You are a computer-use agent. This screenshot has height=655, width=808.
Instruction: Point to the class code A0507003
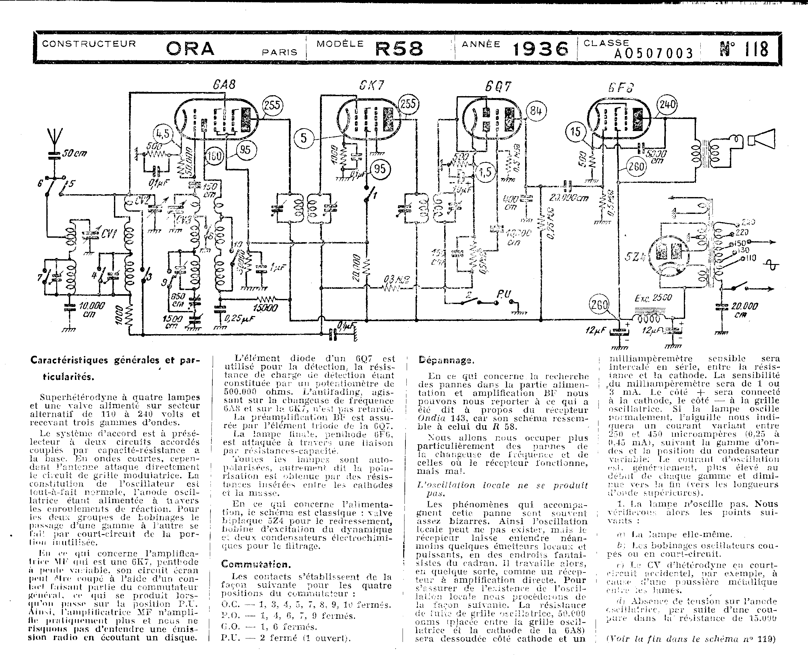pos(653,54)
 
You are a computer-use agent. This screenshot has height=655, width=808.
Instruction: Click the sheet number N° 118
pos(744,49)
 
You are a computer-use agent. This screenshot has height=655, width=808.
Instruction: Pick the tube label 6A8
pos(224,84)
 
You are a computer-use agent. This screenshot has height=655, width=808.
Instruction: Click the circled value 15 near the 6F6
pos(576,132)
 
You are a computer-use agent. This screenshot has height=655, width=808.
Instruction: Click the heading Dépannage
pos(446,360)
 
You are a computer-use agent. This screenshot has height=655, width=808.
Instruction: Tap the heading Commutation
pos(256,565)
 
